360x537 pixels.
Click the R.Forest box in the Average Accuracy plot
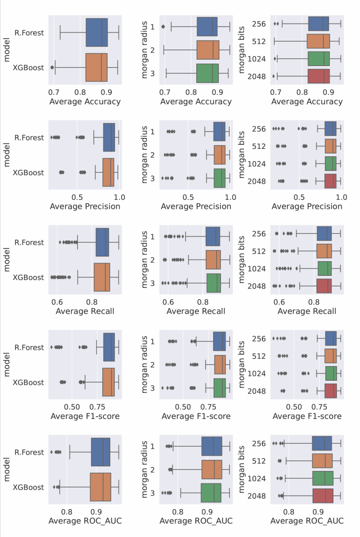click(97, 33)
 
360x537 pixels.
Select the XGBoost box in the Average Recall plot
click(102, 277)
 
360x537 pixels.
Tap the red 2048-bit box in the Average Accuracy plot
click(319, 76)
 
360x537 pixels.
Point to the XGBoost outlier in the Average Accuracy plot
click(52, 68)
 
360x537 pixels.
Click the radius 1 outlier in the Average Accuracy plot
click(163, 26)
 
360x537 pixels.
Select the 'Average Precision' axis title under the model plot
click(84, 206)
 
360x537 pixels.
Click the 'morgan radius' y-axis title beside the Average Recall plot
click(145, 260)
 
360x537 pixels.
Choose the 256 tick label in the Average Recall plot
click(260, 234)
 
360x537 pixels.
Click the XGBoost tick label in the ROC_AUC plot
click(29, 487)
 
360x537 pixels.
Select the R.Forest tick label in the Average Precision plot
click(29, 138)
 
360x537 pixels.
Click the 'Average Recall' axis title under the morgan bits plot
click(307, 311)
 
